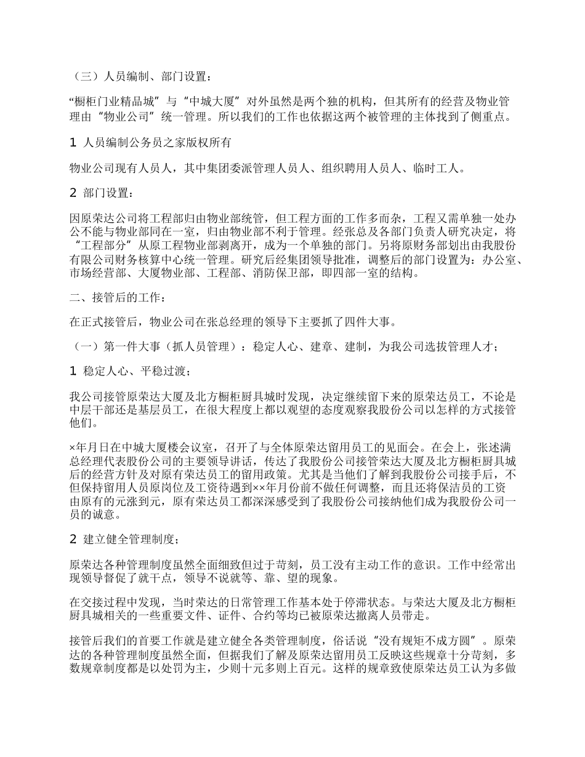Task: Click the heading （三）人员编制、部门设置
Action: coord(142,77)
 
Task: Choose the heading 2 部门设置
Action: coord(102,193)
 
